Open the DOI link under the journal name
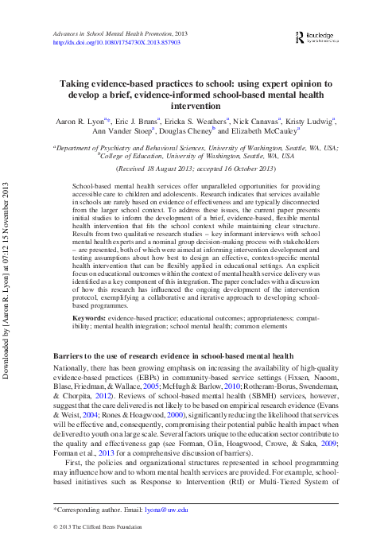click(x=114, y=42)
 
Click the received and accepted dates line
click(x=196, y=169)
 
